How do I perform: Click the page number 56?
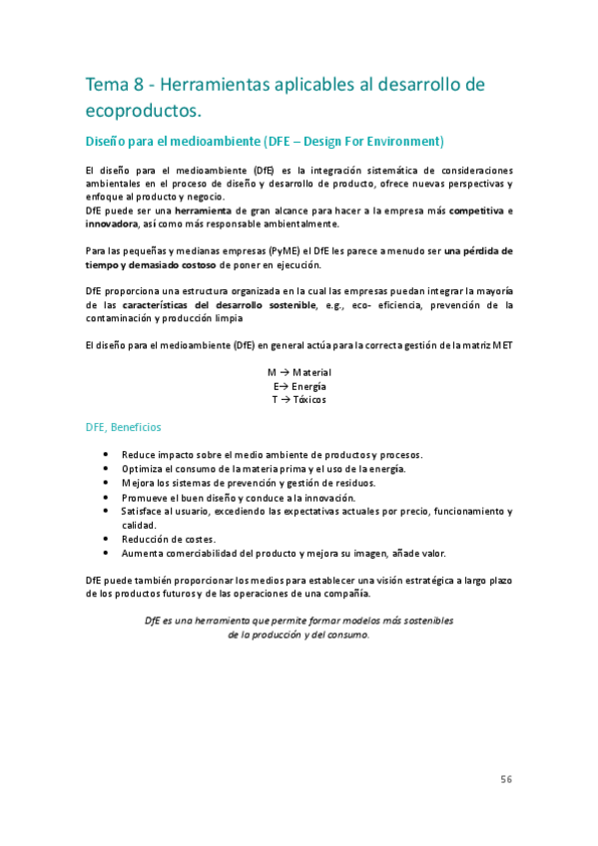(x=506, y=779)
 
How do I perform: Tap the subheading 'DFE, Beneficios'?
(x=123, y=427)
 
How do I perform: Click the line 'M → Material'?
(x=299, y=372)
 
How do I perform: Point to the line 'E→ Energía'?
(x=299, y=386)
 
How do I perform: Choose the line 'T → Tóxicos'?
(x=299, y=400)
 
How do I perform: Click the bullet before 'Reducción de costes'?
(x=107, y=539)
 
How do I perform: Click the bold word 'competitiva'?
(x=476, y=211)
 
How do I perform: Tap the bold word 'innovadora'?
(x=113, y=223)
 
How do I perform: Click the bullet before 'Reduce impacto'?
(x=107, y=454)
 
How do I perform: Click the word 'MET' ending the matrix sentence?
(x=502, y=345)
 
